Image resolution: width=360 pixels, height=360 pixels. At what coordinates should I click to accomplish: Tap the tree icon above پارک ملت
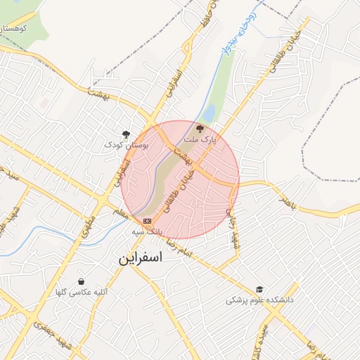[x=200, y=129]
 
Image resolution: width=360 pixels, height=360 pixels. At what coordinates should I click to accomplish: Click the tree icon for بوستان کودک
[x=126, y=133]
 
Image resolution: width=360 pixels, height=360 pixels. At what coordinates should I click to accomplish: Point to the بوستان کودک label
[x=126, y=144]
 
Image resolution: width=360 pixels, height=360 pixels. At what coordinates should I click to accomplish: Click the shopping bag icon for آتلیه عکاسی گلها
[x=82, y=281]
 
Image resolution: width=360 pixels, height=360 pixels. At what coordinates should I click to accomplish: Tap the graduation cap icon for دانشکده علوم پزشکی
[x=259, y=289]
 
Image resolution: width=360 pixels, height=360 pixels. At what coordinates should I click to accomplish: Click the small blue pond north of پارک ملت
[x=209, y=113]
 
